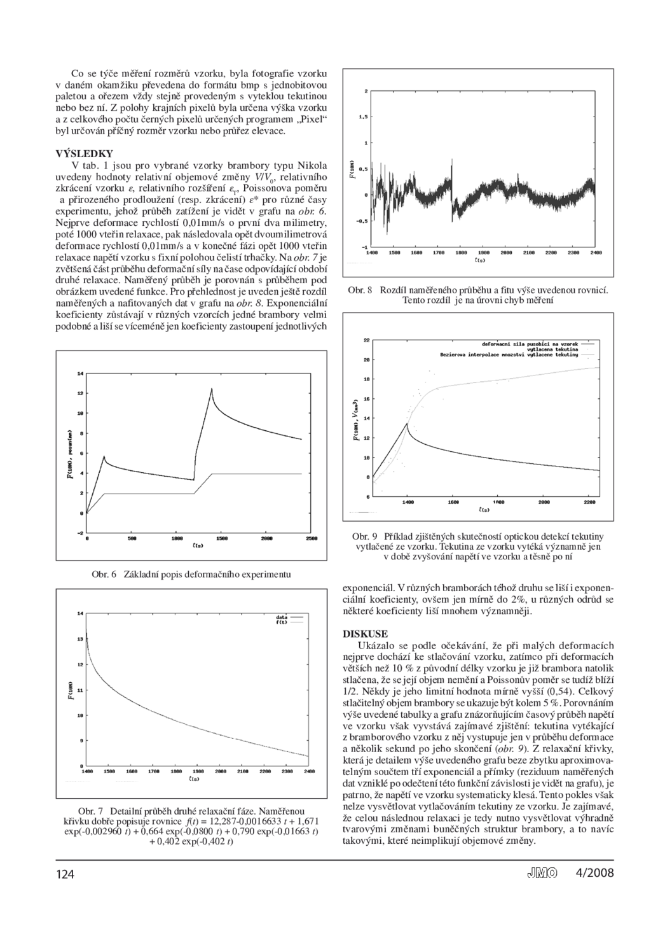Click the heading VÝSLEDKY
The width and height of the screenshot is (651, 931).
click(x=85, y=153)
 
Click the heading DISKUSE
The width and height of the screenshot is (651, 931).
click(x=365, y=634)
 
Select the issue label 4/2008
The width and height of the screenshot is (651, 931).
click(x=595, y=872)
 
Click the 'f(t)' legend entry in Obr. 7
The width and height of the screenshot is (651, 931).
click(x=282, y=622)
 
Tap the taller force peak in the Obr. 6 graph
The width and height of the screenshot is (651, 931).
click(x=211, y=389)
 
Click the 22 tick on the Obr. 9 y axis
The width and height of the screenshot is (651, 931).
click(x=366, y=340)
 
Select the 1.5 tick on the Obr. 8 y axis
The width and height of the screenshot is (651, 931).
click(x=362, y=117)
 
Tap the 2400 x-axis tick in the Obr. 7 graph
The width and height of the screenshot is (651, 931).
click(x=309, y=771)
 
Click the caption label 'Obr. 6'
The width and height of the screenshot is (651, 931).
click(x=104, y=574)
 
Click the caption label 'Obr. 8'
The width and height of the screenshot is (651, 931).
click(x=360, y=290)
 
